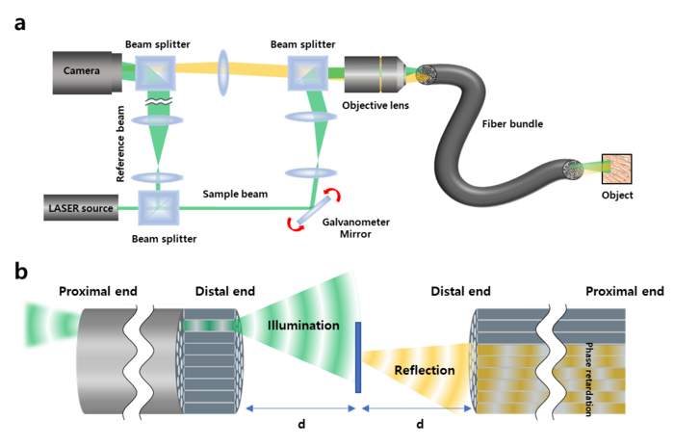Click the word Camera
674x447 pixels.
(82, 70)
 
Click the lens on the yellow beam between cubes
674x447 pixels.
(224, 72)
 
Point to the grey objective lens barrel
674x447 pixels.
(372, 71)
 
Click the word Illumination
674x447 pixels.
(303, 326)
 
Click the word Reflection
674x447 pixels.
(424, 370)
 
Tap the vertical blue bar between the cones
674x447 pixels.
(358, 357)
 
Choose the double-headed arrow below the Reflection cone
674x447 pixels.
(417, 409)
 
